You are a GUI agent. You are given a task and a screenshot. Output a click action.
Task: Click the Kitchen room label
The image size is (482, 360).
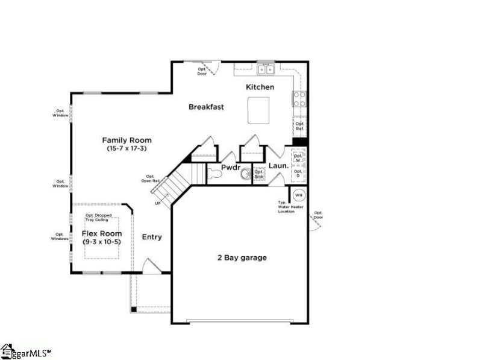coord(260,87)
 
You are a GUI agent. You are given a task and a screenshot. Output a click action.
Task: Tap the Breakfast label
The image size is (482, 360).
coord(206,107)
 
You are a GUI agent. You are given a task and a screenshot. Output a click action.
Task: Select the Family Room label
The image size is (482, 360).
coord(127,140)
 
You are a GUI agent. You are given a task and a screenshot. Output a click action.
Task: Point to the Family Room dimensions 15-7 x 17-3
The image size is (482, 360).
coord(127,148)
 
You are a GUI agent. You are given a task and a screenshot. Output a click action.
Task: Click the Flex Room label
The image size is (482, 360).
coord(102,233)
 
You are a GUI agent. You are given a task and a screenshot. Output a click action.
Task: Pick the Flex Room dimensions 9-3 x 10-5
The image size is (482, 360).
coord(102,242)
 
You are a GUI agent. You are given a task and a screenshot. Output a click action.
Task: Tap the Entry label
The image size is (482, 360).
coord(152,237)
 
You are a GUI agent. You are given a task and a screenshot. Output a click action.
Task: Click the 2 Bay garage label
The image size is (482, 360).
coord(242,258)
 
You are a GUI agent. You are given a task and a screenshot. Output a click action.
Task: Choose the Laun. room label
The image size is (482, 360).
coord(278,165)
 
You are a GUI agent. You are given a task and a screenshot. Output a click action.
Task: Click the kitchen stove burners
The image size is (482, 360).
coord(299,98)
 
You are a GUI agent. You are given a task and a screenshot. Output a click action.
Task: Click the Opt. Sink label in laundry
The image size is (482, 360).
coord(259,174)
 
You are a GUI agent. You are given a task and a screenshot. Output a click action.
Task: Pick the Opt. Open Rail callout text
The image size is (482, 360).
coord(149,178)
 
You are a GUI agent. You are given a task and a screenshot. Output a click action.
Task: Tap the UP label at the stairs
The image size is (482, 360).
coord(158,203)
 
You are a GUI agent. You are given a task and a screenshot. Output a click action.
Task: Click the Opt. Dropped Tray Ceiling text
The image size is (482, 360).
coord(102,217)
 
